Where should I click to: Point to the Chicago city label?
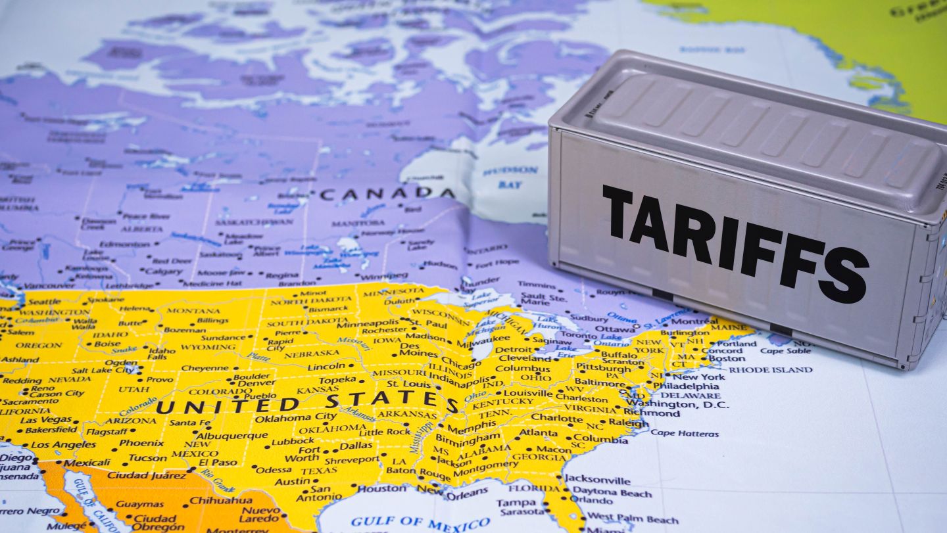[x=461, y=361]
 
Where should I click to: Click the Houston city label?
[x=381, y=488]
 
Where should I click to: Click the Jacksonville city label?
[x=597, y=480]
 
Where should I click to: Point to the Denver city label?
[x=256, y=383]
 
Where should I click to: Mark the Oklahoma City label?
[x=295, y=417]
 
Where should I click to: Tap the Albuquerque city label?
[x=232, y=435]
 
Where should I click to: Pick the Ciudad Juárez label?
[x=137, y=475]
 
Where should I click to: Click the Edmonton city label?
[x=125, y=244]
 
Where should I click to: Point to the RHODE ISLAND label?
[x=770, y=370]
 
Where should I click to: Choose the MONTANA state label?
[x=193, y=310]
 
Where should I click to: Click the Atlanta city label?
[x=539, y=432]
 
